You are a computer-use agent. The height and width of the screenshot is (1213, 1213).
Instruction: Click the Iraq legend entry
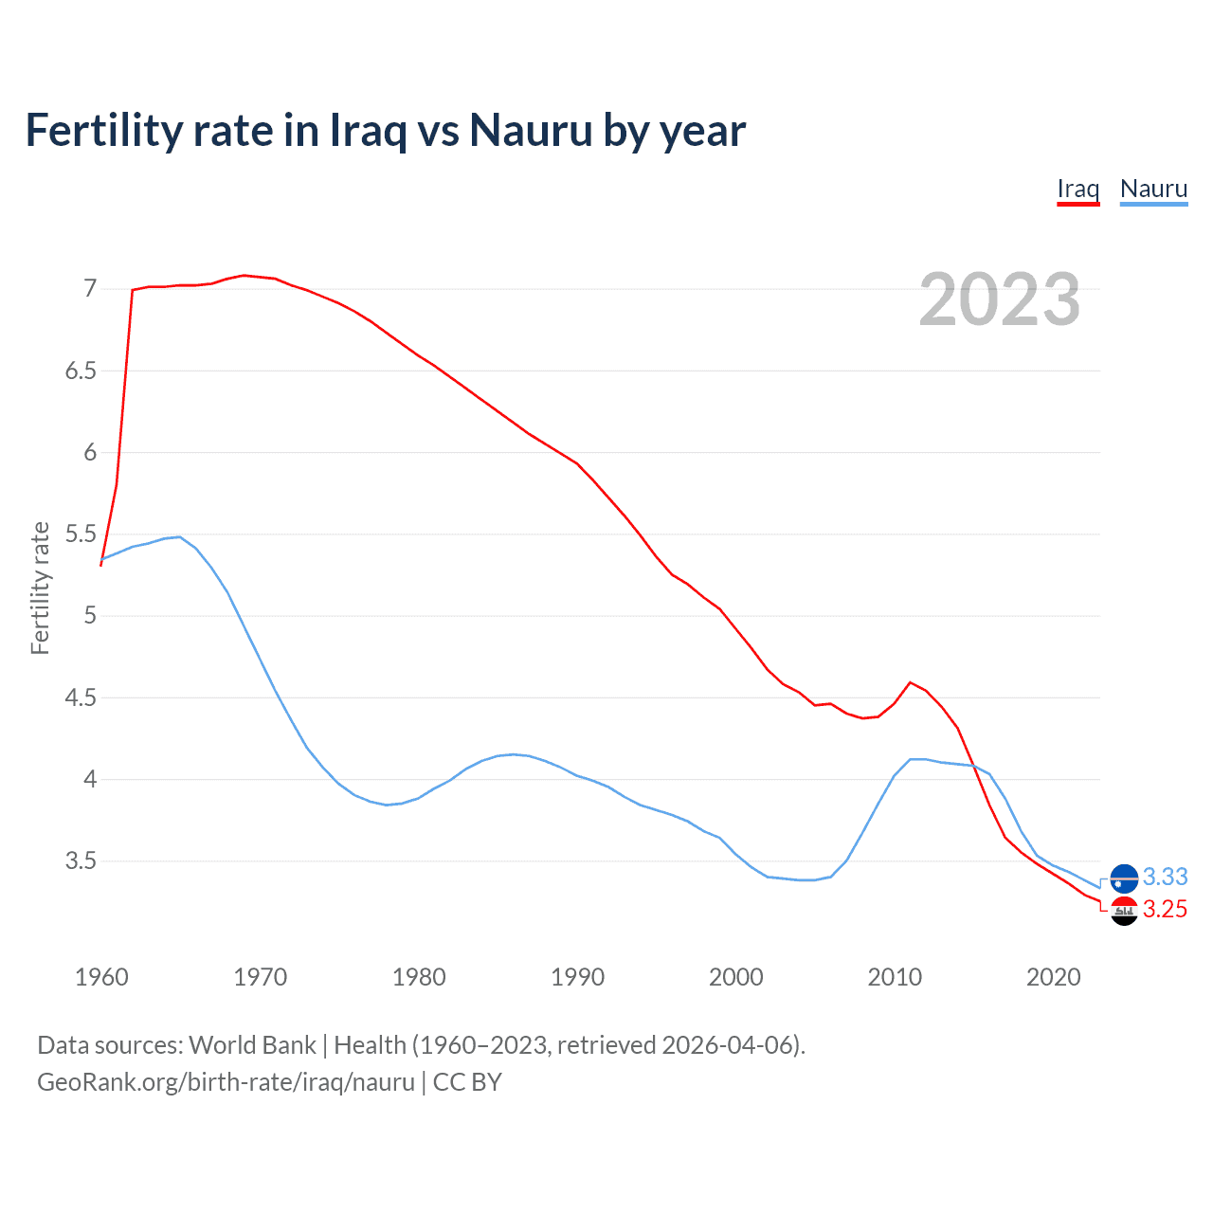pos(1077,189)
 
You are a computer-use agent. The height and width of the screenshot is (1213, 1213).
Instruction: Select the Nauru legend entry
pos(1153,189)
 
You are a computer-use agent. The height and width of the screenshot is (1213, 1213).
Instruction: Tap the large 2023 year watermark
pos(999,299)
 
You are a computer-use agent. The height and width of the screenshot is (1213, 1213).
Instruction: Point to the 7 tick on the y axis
pos(90,288)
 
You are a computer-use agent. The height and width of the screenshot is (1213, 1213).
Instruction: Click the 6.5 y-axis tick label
pos(81,371)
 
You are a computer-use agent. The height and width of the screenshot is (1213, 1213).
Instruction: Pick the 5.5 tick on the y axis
pos(81,534)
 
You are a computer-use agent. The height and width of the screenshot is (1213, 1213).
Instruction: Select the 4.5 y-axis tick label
pos(81,698)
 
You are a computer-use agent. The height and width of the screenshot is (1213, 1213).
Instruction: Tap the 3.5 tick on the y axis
pos(81,861)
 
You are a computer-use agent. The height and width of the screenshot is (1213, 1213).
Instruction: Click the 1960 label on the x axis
pos(101,977)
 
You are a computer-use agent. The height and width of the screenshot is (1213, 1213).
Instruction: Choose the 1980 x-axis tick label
pos(419,977)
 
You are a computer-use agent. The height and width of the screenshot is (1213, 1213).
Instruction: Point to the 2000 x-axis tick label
pos(736,977)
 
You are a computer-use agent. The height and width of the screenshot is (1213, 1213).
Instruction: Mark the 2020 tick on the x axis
pos(1053,977)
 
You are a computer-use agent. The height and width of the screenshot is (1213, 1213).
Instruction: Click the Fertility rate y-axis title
pos(40,588)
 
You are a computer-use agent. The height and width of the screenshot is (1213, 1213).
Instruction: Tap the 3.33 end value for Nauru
pos(1165,877)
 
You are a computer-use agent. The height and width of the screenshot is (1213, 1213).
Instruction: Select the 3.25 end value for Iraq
pos(1165,910)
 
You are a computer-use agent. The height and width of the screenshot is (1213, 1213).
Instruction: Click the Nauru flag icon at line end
pos(1124,878)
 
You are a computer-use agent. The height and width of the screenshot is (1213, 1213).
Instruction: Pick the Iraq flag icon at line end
pos(1124,911)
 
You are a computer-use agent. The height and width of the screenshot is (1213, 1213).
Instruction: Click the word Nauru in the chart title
pos(531,130)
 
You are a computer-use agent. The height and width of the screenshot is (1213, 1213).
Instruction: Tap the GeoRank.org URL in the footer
pos(226,1082)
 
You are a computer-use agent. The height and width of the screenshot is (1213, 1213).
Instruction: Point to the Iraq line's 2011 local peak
pos(910,682)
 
